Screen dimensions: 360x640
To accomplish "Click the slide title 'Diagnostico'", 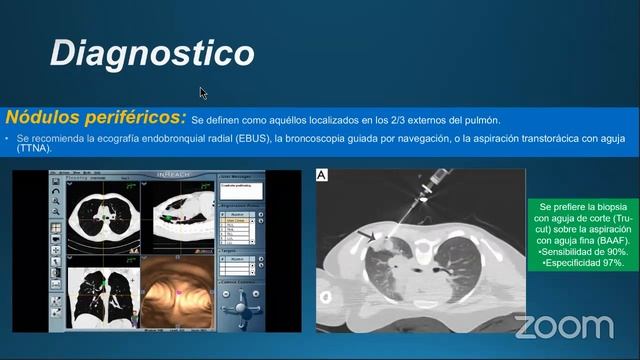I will [x=152, y=53].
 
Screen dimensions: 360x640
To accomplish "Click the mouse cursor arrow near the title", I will [x=203, y=93].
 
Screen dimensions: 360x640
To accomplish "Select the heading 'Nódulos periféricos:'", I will [x=96, y=117].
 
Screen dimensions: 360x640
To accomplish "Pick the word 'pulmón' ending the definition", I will [x=478, y=120].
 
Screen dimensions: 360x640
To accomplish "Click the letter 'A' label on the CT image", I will [x=322, y=176].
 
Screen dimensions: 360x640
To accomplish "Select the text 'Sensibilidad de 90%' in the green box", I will [x=581, y=251].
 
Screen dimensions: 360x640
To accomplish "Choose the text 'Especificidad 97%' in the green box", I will [x=581, y=263].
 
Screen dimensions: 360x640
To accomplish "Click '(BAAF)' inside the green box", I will [x=603, y=239].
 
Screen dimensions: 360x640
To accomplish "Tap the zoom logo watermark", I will [x=563, y=326].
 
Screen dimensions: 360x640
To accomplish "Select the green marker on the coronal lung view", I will [x=100, y=285].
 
